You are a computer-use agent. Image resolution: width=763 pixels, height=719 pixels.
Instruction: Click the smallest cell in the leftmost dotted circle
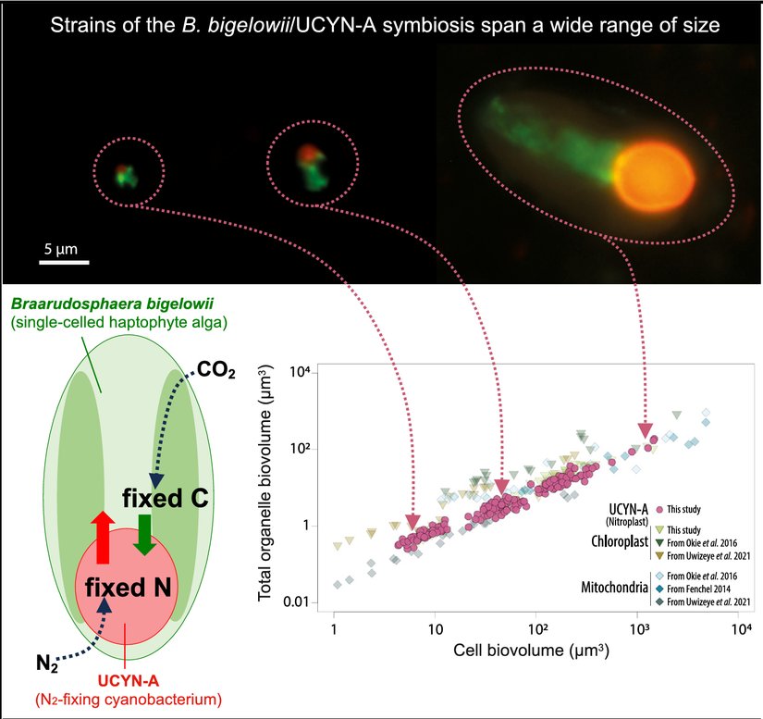pos(126,173)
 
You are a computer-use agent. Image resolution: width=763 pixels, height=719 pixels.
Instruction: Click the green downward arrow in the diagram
pos(144,535)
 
